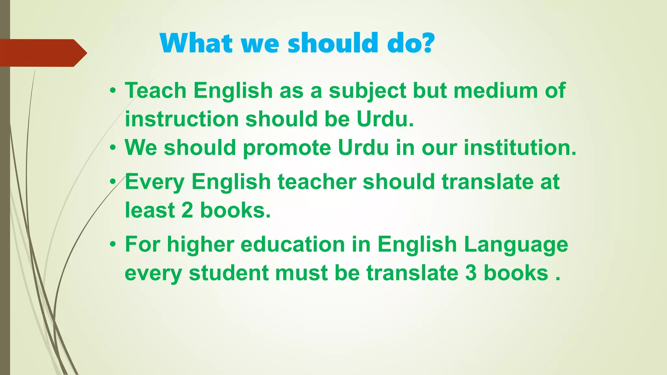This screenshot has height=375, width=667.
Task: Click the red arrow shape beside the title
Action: (42, 53)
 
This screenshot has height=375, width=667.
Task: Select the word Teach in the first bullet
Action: (155, 90)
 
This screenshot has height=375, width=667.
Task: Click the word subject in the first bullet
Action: (367, 90)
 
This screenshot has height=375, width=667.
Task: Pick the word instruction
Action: (182, 119)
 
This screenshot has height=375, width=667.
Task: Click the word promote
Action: (287, 147)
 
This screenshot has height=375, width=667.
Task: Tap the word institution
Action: (520, 147)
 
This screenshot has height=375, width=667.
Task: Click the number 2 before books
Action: (187, 210)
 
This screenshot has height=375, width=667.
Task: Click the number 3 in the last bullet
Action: (471, 272)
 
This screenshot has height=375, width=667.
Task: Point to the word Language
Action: (516, 244)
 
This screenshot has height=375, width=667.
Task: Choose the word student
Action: (229, 272)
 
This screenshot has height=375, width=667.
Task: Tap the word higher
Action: (201, 244)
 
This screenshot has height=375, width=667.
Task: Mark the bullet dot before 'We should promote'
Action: (113, 148)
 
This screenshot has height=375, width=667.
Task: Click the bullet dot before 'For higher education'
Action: (113, 244)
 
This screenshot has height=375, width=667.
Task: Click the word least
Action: (150, 210)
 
